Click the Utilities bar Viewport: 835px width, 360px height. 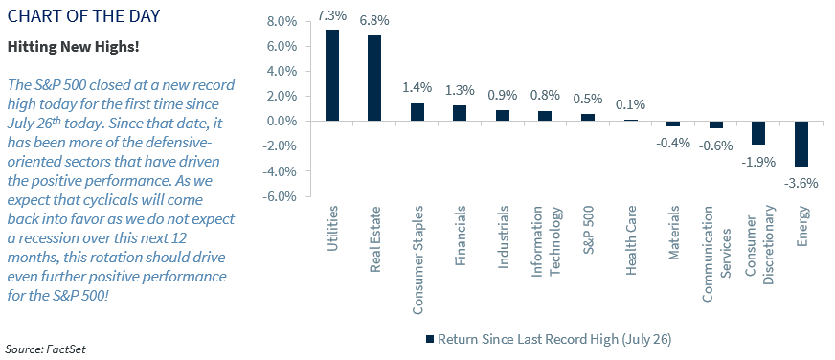pyautogui.click(x=332, y=75)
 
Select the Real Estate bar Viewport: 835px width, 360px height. pyautogui.click(x=374, y=78)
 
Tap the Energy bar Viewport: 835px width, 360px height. pyautogui.click(x=801, y=144)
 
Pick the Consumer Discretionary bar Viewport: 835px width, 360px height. pyautogui.click(x=758, y=133)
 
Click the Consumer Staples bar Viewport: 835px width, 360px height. pyautogui.click(x=417, y=112)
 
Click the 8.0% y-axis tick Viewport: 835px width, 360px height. pyautogui.click(x=282, y=21)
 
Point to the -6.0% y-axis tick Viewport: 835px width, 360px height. pyautogui.click(x=280, y=196)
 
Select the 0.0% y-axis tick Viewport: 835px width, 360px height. pyautogui.click(x=282, y=122)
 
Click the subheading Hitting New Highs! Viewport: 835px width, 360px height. pyautogui.click(x=62, y=46)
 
